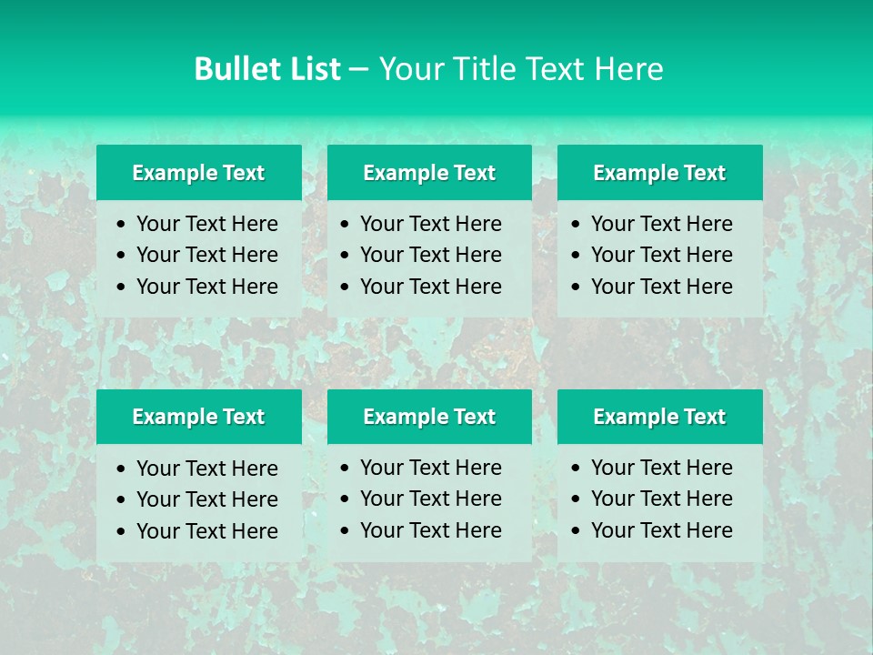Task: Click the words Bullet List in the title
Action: (x=267, y=69)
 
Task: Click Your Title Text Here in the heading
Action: (x=521, y=69)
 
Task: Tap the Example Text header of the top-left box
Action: (x=198, y=173)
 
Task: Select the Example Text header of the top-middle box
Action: (x=429, y=173)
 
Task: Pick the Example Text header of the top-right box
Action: (x=659, y=173)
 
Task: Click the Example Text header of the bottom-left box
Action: (x=198, y=417)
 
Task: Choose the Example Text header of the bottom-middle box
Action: (x=429, y=417)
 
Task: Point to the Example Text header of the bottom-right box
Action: (x=659, y=417)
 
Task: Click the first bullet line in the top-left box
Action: (x=206, y=224)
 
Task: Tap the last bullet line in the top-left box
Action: (x=206, y=287)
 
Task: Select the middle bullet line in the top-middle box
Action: (x=430, y=255)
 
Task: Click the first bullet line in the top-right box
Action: (x=661, y=224)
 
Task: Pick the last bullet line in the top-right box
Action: (x=661, y=287)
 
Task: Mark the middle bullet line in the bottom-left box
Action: (x=206, y=499)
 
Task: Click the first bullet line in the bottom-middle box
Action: (x=430, y=468)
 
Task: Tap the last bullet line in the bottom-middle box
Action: (x=430, y=530)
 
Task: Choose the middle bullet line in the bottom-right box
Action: (x=661, y=499)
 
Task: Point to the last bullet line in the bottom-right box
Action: (x=661, y=530)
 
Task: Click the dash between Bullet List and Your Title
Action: (x=359, y=70)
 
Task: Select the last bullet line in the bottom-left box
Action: (x=206, y=531)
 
